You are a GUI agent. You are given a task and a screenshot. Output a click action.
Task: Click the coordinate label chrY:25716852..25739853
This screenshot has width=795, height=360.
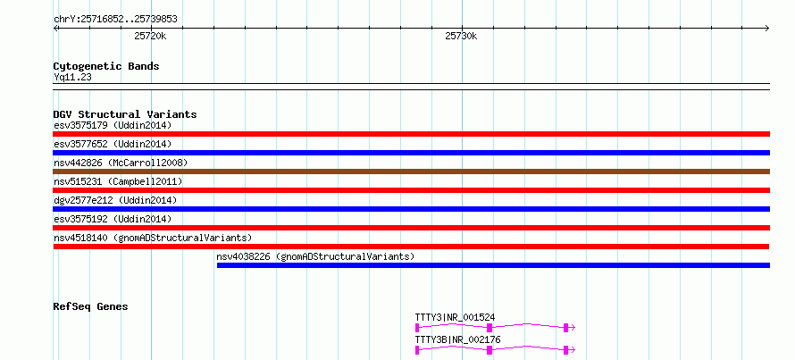[x=115, y=20]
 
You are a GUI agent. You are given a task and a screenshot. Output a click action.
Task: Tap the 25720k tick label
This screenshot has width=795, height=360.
[x=151, y=36]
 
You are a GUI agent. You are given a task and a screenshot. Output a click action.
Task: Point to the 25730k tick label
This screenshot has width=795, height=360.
[x=462, y=36]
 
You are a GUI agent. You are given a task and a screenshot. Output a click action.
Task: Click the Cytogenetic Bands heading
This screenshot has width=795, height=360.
[x=106, y=66]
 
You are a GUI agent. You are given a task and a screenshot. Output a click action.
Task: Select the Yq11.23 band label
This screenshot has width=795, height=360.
[x=72, y=78]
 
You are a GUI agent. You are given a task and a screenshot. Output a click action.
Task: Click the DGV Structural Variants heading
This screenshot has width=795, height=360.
[x=125, y=114]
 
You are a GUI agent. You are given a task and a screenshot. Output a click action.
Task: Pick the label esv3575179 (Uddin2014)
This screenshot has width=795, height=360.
[x=113, y=125]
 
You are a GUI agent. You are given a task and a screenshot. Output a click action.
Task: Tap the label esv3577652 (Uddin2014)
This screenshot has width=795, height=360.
[x=113, y=144]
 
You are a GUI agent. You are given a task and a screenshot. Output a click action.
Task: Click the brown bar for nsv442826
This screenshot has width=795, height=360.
[x=411, y=172]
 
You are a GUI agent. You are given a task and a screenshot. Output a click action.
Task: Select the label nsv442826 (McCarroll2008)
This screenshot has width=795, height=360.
[x=121, y=163]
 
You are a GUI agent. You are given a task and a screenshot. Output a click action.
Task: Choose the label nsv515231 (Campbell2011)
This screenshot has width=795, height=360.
[x=118, y=181]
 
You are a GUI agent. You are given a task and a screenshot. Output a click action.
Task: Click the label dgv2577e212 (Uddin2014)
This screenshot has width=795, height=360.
[x=115, y=200]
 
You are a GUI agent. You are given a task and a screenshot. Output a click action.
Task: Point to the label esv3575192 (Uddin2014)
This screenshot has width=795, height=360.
[x=113, y=219]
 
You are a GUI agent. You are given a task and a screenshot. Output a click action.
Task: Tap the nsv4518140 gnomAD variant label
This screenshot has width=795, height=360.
[x=153, y=238]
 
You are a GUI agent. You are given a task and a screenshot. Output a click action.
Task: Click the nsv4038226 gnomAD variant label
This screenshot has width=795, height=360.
[x=315, y=256]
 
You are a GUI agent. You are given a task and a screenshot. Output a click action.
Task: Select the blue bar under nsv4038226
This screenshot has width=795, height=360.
[x=493, y=265]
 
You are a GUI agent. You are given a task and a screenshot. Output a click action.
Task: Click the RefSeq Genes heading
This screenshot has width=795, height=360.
[x=90, y=306]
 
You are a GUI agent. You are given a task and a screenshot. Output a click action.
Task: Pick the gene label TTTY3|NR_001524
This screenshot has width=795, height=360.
[x=455, y=318]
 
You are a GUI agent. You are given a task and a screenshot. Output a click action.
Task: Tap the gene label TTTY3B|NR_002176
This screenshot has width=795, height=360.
[x=457, y=339]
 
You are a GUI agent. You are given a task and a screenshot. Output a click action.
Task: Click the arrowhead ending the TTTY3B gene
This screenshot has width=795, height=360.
[x=573, y=350]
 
